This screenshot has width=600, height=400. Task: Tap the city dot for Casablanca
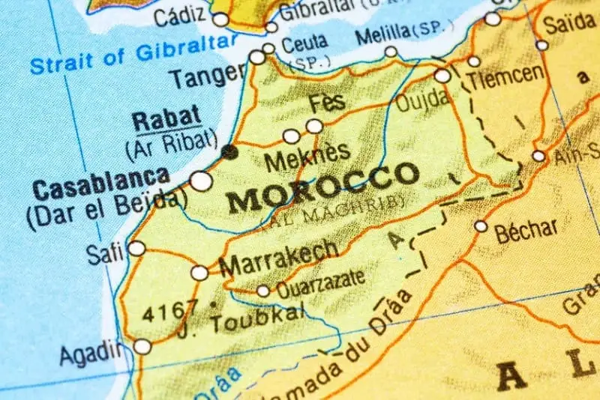[201, 181]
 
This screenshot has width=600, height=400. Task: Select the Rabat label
[166, 118]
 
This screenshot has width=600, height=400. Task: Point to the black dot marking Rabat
[229, 152]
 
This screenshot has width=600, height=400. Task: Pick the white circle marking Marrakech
[199, 273]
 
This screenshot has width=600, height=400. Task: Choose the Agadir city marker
[142, 346]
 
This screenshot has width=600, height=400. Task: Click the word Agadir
[91, 351]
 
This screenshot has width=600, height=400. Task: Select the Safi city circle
[136, 248]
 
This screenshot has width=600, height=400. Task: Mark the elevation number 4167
[171, 308]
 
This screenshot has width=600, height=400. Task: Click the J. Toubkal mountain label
[247, 319]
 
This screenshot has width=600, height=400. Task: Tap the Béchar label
[526, 228]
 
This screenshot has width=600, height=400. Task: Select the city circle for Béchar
[481, 225]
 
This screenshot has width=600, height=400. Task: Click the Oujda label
[422, 99]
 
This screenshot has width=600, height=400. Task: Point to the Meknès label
[307, 155]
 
